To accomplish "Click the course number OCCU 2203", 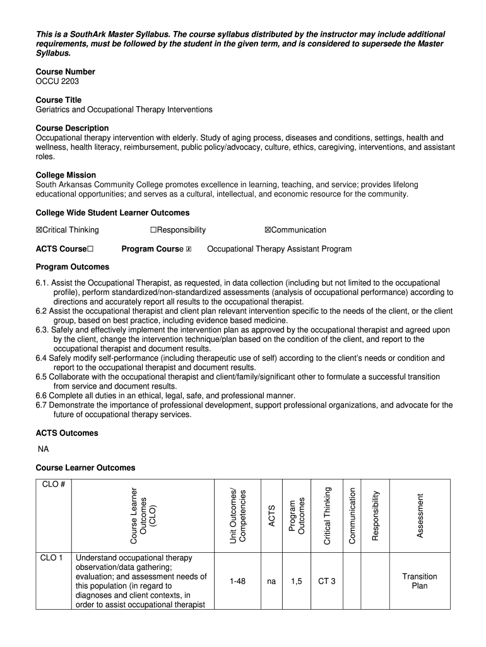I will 57,82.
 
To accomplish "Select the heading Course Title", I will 59,100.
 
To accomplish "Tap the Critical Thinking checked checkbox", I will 39,230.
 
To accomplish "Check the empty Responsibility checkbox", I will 153,230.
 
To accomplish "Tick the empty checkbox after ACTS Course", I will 91,249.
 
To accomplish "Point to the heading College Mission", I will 66,175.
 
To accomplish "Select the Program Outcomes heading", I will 72,267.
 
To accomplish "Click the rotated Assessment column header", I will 420,515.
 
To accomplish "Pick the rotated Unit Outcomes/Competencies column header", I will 237,515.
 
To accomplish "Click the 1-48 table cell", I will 237,581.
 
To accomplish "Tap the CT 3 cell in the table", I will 327,581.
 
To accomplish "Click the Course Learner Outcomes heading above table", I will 85,468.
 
